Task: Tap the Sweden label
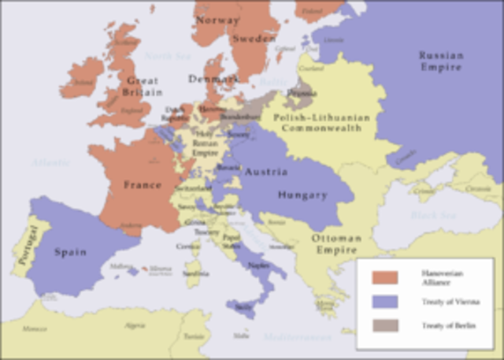(254, 38)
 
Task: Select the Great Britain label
(143, 86)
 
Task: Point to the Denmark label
(212, 79)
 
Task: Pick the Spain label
(70, 252)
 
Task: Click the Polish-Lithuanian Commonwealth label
(321, 122)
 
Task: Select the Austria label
(265, 172)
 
